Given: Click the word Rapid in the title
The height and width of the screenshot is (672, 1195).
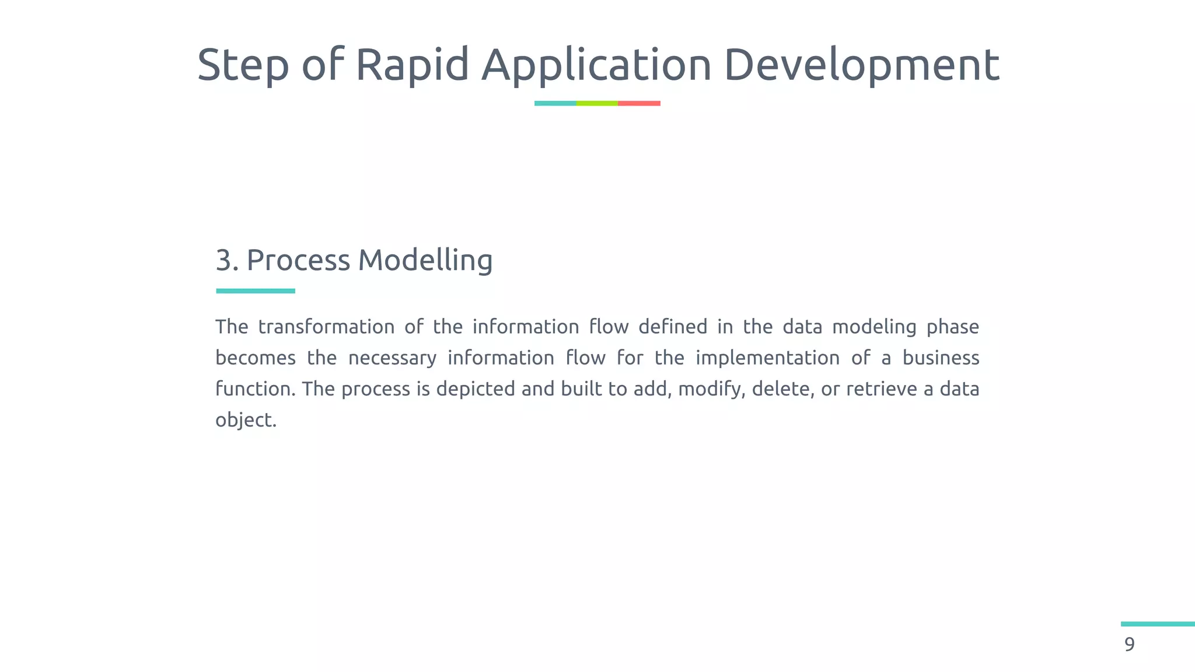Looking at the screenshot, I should click(412, 64).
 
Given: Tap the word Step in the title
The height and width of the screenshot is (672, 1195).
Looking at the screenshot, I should click(243, 64).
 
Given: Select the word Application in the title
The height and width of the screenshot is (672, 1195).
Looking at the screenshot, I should click(596, 64).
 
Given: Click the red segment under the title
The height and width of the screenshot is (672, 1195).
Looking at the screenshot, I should click(639, 103).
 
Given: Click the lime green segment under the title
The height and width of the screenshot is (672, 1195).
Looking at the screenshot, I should click(597, 103).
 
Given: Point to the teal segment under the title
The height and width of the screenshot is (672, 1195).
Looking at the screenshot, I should click(555, 103).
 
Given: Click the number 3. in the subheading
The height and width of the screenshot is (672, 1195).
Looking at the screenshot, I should click(227, 260).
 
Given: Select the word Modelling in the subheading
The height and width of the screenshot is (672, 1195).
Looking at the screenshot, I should click(425, 260).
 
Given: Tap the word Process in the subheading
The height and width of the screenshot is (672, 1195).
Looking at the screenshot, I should click(298, 260).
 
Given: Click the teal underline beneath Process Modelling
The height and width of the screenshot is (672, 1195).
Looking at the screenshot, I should click(256, 290).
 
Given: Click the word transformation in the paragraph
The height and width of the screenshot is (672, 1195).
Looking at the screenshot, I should click(326, 327).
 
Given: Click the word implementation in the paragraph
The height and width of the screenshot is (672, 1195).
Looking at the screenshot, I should click(767, 358).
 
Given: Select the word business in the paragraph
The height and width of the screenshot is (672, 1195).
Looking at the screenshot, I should click(941, 358).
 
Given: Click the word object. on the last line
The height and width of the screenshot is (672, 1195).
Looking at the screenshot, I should click(246, 420).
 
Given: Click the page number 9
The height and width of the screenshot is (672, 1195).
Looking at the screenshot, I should click(1130, 645).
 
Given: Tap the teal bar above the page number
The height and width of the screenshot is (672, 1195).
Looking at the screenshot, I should click(1158, 624).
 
